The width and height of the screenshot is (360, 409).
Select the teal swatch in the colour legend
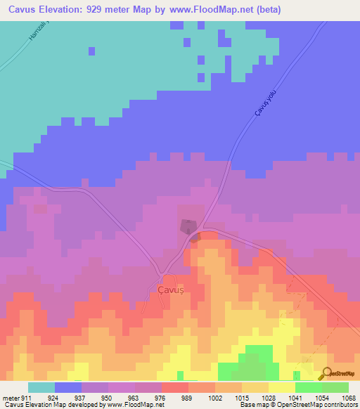41,387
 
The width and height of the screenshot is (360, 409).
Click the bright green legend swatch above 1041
309,387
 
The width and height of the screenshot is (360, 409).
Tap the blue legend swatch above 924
68,387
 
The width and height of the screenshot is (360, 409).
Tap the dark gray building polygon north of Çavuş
188,226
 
